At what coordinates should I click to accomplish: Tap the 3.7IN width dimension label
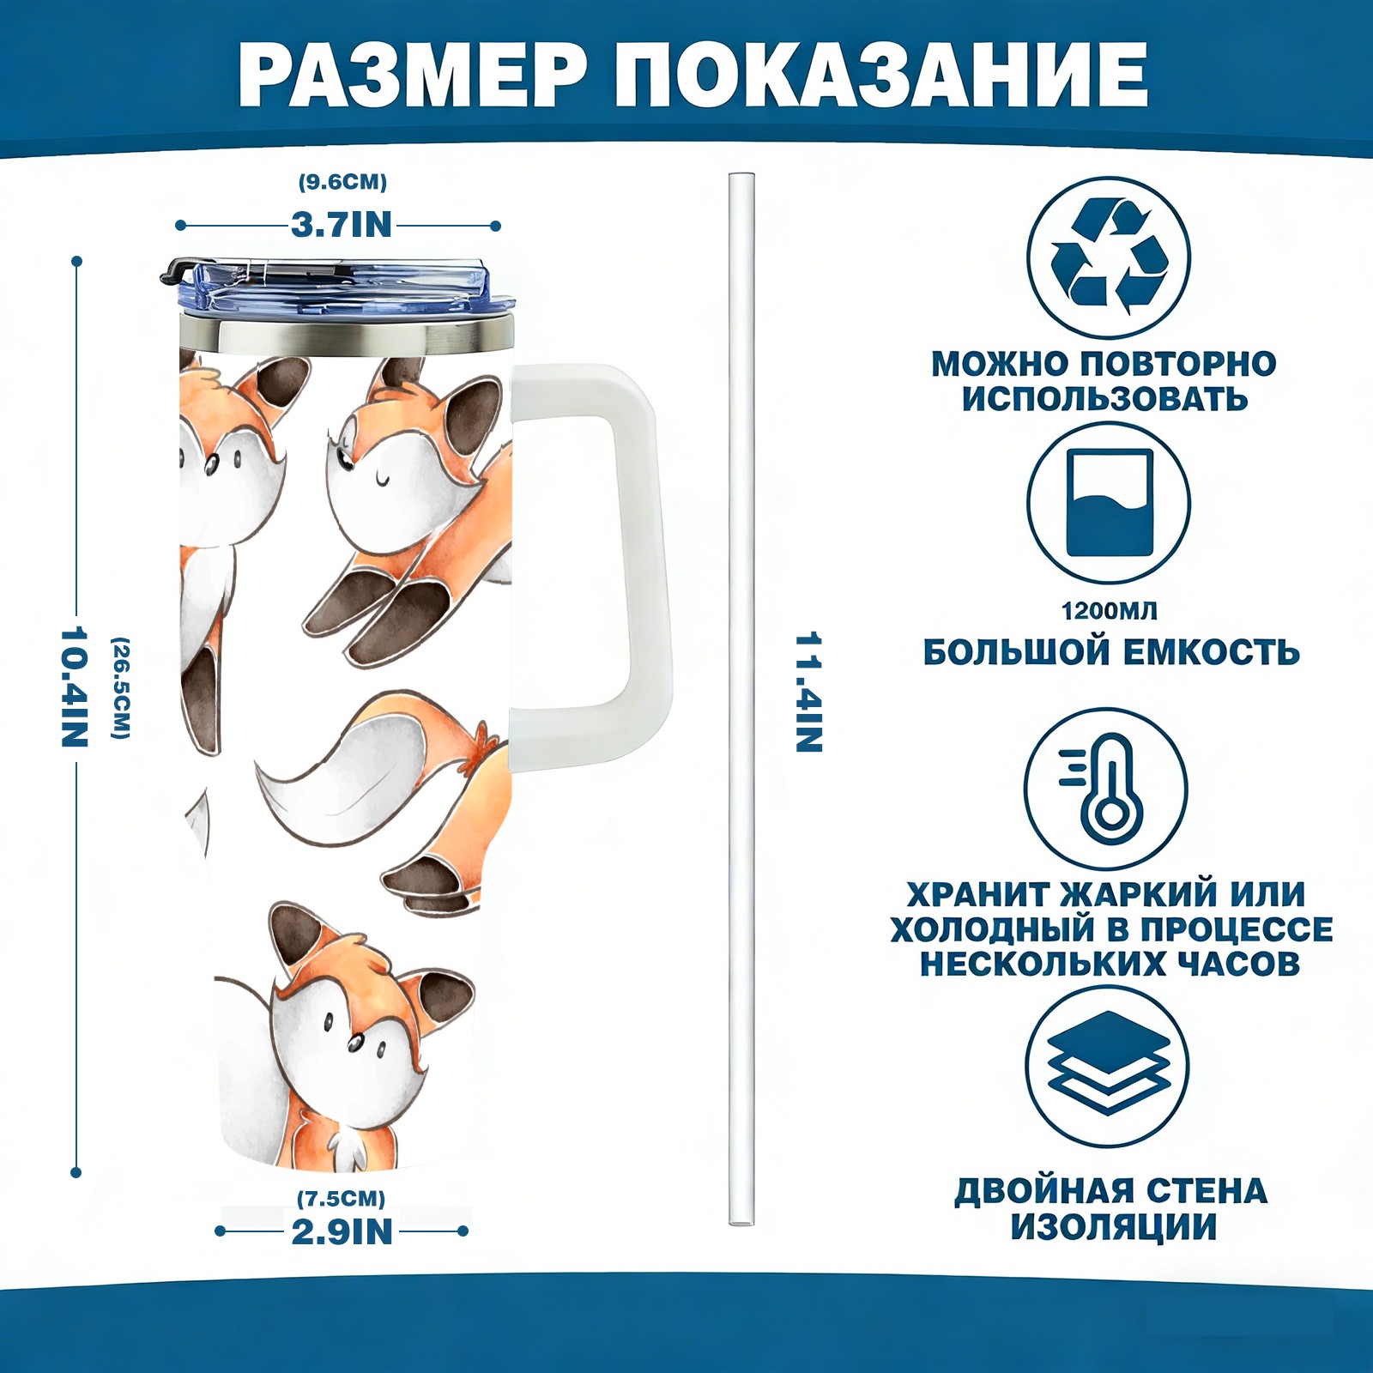click(x=342, y=225)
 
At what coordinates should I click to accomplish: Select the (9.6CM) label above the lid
click(x=342, y=182)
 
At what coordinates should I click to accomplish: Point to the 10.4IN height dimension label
click(x=75, y=686)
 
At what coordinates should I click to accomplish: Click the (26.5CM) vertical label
click(x=121, y=687)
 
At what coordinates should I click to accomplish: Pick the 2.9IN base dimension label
click(x=342, y=1231)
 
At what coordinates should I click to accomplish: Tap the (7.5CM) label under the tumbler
click(x=342, y=1198)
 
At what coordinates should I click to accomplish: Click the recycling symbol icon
click(x=1109, y=257)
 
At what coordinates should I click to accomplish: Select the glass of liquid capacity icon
click(x=1109, y=504)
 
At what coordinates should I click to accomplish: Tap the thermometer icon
click(x=1106, y=789)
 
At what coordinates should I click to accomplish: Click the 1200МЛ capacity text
click(x=1109, y=611)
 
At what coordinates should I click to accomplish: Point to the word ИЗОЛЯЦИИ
click(x=1113, y=1227)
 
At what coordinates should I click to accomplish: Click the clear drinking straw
click(x=741, y=699)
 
